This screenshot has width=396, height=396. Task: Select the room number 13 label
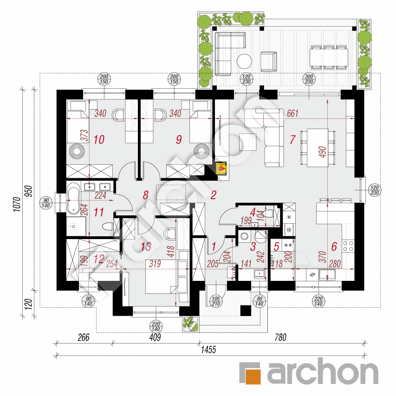point(146,247)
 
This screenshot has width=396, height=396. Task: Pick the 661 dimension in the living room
point(292,113)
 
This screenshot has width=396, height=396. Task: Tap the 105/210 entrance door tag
point(214,301)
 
